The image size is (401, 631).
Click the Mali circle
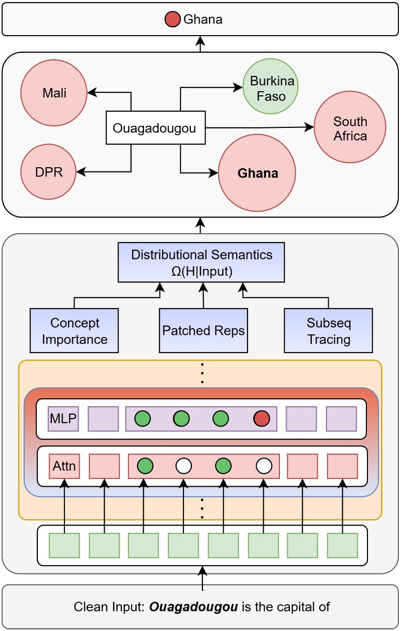point(53,93)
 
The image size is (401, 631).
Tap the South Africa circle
point(350,128)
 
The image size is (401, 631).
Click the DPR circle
point(49,172)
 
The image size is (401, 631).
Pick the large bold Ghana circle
point(257,173)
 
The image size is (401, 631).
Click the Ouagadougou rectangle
point(155,127)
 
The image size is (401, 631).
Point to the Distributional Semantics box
point(202,262)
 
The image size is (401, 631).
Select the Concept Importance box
point(74,330)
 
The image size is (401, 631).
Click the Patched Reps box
point(203,330)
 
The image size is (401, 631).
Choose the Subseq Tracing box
point(328,330)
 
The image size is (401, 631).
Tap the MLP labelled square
point(63,419)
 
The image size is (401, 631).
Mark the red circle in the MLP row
point(262,419)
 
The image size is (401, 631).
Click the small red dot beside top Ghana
point(172,20)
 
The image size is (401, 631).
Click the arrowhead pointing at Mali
point(91,93)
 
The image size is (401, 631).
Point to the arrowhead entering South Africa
point(310,127)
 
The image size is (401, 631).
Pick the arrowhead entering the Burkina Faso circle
point(239,89)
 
